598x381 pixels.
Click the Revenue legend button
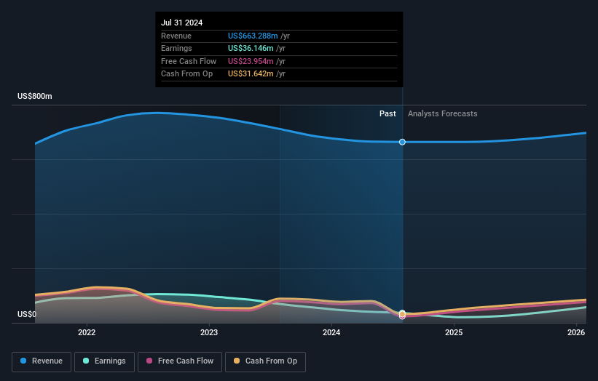coord(42,361)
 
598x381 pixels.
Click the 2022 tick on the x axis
coord(87,332)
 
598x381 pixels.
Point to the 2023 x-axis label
coord(209,332)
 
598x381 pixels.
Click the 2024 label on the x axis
coord(331,332)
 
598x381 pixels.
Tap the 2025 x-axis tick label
coord(454,332)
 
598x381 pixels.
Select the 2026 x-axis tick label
coord(576,332)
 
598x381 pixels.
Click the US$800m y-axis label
coord(35,96)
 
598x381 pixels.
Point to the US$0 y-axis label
coord(26,314)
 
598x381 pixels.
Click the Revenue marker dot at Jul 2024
coord(402,142)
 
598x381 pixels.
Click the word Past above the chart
coord(387,113)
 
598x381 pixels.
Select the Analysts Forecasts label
coord(443,113)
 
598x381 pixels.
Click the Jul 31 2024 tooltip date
coord(181,23)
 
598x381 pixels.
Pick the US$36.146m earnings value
coord(251,48)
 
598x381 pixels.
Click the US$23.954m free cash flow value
coord(251,61)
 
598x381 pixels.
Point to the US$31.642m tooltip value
coord(251,73)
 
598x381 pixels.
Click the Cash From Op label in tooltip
coord(186,73)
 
